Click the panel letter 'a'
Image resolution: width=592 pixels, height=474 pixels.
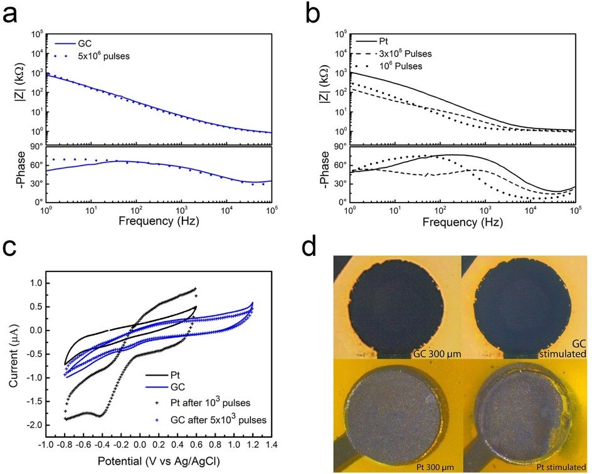[x=11, y=14]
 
